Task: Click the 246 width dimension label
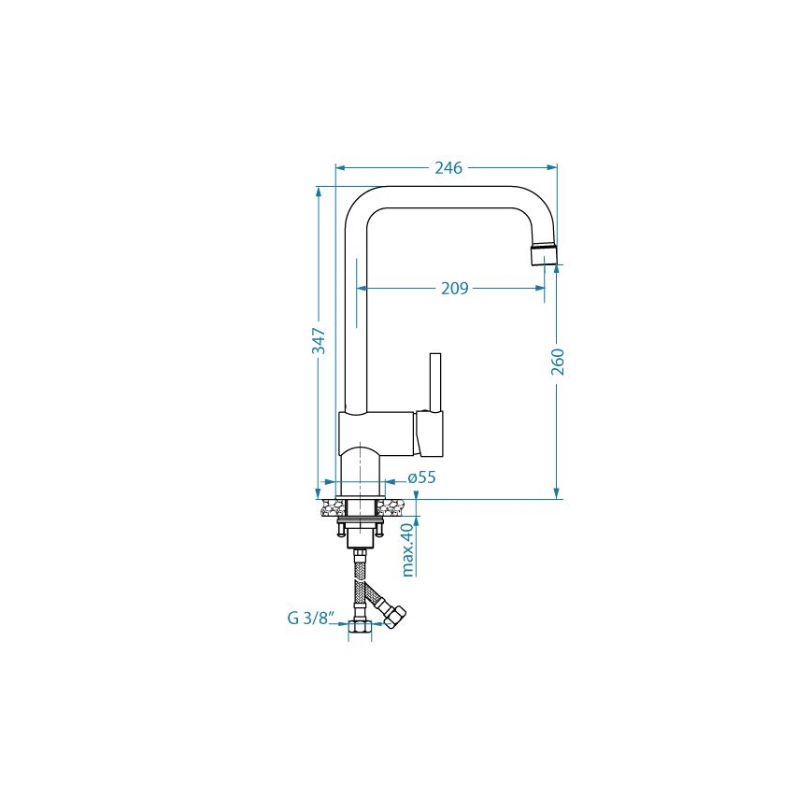click(x=448, y=168)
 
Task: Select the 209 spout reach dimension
click(x=454, y=289)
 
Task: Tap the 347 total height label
click(x=319, y=341)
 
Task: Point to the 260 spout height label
click(x=558, y=362)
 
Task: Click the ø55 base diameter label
click(x=422, y=477)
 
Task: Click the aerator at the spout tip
click(x=545, y=253)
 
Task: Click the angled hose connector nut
click(x=396, y=617)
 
